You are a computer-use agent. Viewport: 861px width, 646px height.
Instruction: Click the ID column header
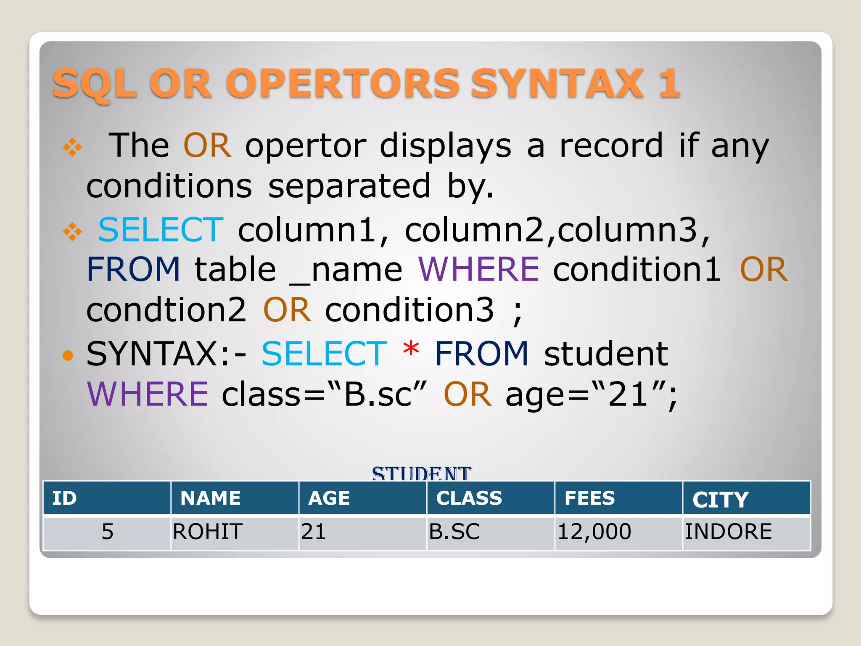[64, 498]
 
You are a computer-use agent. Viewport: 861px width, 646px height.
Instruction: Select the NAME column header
[210, 498]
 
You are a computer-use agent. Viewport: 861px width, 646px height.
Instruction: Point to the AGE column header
[329, 498]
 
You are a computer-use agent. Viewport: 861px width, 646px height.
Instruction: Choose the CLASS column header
[469, 498]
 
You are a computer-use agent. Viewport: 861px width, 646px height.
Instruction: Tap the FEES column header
[589, 498]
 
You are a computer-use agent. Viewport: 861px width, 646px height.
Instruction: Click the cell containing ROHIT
[208, 532]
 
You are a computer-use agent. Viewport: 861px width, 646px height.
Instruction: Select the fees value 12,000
[594, 532]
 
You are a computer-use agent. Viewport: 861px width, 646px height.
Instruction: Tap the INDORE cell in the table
[728, 532]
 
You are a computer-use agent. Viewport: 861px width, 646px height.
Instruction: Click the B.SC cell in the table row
[454, 532]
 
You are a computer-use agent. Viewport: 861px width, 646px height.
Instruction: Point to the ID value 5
[107, 532]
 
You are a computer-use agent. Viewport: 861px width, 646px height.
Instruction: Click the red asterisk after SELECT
[411, 350]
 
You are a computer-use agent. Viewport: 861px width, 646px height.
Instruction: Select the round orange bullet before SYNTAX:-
[67, 356]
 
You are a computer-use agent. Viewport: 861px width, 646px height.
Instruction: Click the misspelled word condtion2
[166, 310]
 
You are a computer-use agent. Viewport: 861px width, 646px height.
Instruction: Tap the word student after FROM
[606, 354]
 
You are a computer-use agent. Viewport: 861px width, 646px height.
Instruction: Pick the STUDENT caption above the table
[421, 474]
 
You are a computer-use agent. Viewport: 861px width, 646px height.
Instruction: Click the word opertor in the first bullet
[306, 146]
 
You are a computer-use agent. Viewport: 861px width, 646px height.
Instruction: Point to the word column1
[313, 230]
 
